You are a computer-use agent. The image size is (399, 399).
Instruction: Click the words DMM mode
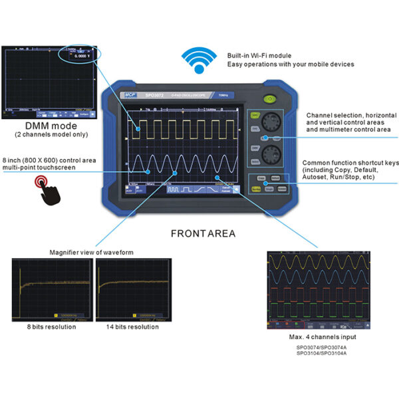pyautogui.click(x=51, y=126)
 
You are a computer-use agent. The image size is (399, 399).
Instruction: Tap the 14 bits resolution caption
pyautogui.click(x=134, y=327)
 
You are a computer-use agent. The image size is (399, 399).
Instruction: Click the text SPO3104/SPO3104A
pyautogui.click(x=322, y=353)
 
